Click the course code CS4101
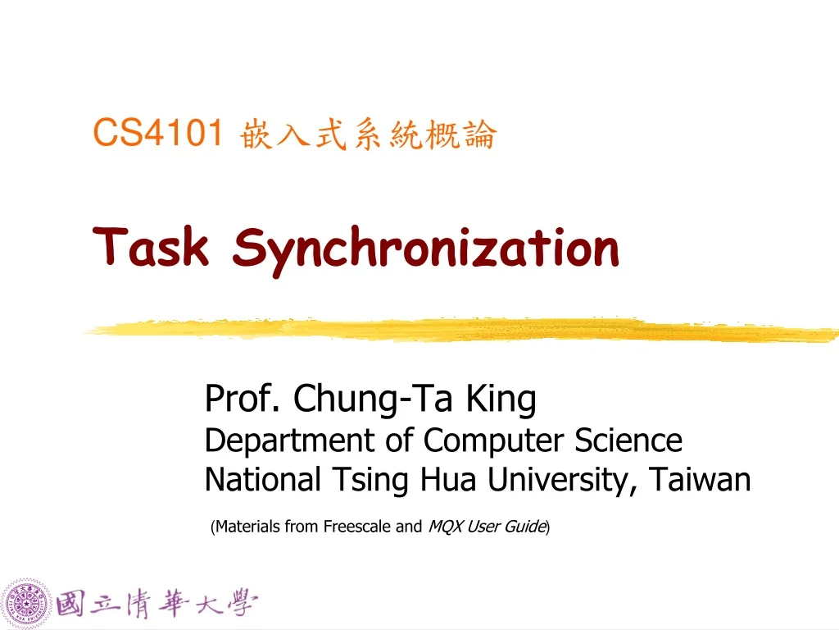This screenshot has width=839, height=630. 158,133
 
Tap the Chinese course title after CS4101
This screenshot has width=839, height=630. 368,135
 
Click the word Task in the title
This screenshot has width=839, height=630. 152,247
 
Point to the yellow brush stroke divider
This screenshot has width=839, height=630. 459,330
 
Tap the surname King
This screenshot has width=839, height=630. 501,399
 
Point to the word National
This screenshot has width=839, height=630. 261,479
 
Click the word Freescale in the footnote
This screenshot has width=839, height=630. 357,527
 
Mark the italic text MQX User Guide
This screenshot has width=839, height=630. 487,527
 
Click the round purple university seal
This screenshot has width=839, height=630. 27,605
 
